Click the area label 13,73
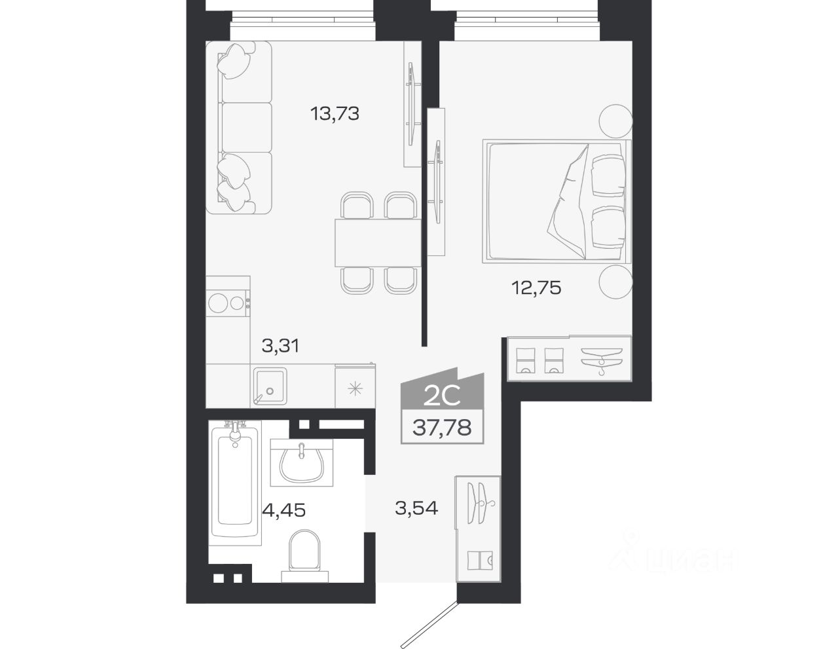pos(335,114)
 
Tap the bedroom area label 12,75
pos(536,288)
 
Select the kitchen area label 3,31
pos(280,346)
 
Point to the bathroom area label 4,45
pos(284,510)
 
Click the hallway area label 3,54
pos(416,508)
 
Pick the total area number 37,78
pos(442,427)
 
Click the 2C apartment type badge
pos(443,389)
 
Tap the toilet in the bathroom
pos(304,556)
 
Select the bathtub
pos(235,483)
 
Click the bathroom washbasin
pos(302,462)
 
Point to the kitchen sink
pos(270,386)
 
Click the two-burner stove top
pos(228,303)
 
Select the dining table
pos(378,243)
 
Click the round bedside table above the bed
pos(615,121)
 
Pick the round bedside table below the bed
pos(615,282)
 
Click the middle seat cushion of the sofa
pos(247,128)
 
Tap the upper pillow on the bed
pos(608,176)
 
